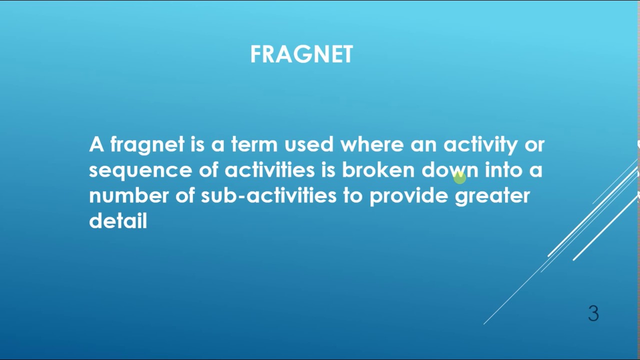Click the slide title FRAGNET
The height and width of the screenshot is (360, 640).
pos(301,54)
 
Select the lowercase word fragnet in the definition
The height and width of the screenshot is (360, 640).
pos(147,145)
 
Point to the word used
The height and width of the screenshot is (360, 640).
pos(308,145)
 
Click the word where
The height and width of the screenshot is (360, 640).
pos(372,145)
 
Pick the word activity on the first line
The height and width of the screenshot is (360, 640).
pos(480,145)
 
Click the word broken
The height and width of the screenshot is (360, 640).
pos(378,170)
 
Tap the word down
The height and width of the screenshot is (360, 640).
pos(449,170)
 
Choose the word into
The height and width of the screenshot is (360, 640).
pos(503,170)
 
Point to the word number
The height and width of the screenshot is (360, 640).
pos(129,195)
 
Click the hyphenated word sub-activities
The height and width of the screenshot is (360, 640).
pos(268,195)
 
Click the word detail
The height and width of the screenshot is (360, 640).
pos(118,220)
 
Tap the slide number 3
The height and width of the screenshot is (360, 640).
pos(593,313)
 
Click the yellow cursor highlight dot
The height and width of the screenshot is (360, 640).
pos(459,176)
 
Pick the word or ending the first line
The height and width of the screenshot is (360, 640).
pos(534,145)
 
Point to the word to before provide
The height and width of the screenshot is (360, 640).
pos(352,195)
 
